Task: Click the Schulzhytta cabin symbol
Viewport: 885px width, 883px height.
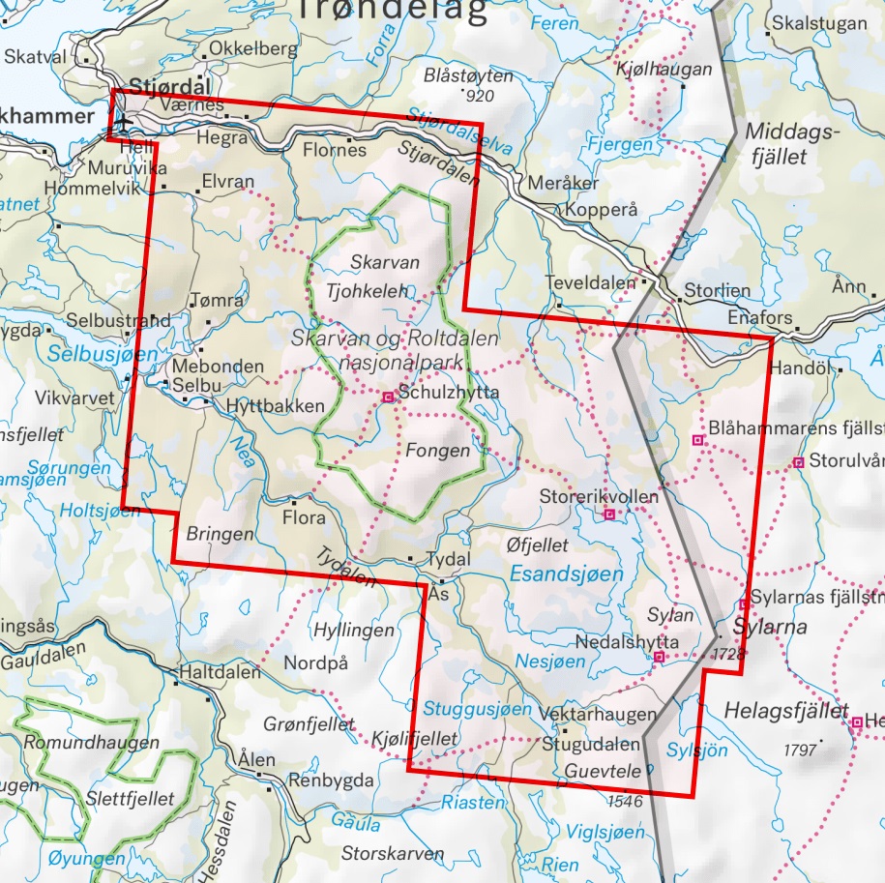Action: coord(388,397)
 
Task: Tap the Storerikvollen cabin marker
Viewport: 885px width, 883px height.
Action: coord(609,515)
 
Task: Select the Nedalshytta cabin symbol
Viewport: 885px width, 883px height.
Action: coord(658,658)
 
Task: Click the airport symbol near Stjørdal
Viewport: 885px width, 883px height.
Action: coord(124,123)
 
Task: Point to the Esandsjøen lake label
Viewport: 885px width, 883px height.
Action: coord(566,574)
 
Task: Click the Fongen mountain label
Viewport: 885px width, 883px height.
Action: coord(438,451)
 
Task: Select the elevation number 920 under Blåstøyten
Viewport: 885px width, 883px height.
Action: coord(479,97)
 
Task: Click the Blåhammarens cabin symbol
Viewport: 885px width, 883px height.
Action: coord(697,440)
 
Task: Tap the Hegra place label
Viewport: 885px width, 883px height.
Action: coord(221,138)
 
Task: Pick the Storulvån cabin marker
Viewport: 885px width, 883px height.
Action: coord(798,463)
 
